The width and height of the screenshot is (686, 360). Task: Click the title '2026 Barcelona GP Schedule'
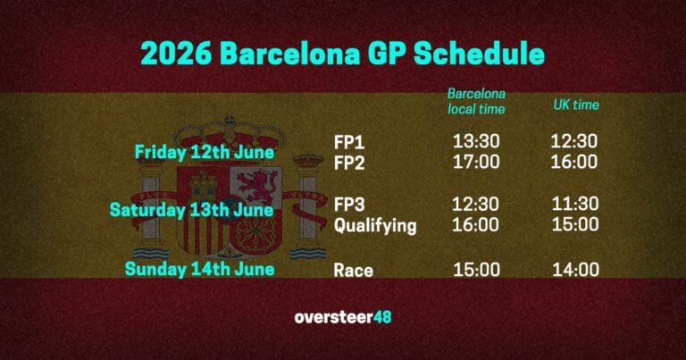click(343, 52)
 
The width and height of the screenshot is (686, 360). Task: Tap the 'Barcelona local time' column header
click(477, 101)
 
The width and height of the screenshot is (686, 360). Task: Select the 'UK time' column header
click(576, 105)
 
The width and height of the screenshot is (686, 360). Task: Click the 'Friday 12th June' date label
click(205, 152)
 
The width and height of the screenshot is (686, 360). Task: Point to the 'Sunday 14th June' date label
click(199, 268)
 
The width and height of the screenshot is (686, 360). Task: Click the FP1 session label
click(348, 141)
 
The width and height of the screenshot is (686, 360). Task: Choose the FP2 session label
click(349, 162)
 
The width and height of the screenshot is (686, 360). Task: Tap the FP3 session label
click(350, 205)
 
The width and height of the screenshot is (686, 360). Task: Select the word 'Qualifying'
click(375, 226)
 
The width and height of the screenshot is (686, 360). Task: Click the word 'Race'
click(353, 270)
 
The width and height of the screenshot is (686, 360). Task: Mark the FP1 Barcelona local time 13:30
click(476, 141)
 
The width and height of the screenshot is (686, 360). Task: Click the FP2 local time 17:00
click(476, 162)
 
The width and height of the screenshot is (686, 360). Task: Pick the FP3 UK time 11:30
click(574, 205)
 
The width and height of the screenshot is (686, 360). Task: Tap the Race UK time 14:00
click(574, 270)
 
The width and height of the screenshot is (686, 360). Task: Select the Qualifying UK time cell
click(574, 226)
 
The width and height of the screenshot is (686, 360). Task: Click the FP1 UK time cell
click(574, 141)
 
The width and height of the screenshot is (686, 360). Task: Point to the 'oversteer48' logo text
click(342, 317)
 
